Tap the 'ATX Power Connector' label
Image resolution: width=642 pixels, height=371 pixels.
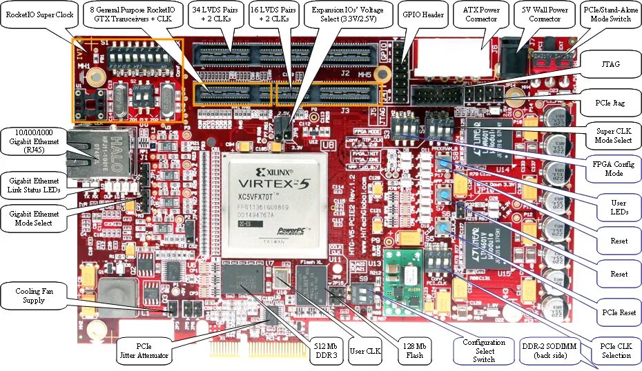[x=481, y=14]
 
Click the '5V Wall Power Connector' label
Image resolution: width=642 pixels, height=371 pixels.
[x=545, y=14]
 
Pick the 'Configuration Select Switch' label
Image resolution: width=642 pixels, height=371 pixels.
[x=483, y=350]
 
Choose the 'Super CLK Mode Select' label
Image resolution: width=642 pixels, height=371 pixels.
[x=614, y=135]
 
